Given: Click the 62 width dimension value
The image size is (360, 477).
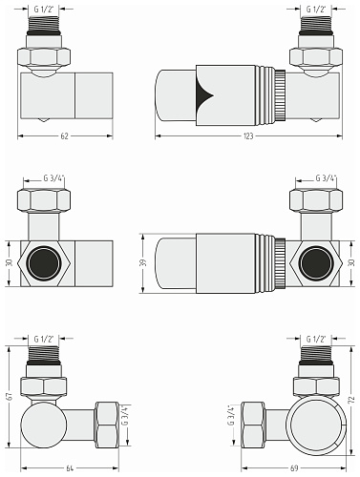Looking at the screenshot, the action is point(64,136).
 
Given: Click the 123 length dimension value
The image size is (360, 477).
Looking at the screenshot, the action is point(248,136).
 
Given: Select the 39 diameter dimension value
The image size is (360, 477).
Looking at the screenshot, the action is point(144,262).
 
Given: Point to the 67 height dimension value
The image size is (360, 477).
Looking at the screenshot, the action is point(10,396).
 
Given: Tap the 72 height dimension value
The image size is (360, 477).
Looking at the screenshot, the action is point(352,400).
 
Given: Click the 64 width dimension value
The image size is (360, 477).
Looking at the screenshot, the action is point(70,468).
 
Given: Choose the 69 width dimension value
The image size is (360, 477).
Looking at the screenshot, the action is point(294,468).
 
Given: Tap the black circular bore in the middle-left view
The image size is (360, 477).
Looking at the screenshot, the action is point(44,263).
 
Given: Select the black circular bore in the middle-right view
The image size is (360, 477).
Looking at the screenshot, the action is point(316,263).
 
